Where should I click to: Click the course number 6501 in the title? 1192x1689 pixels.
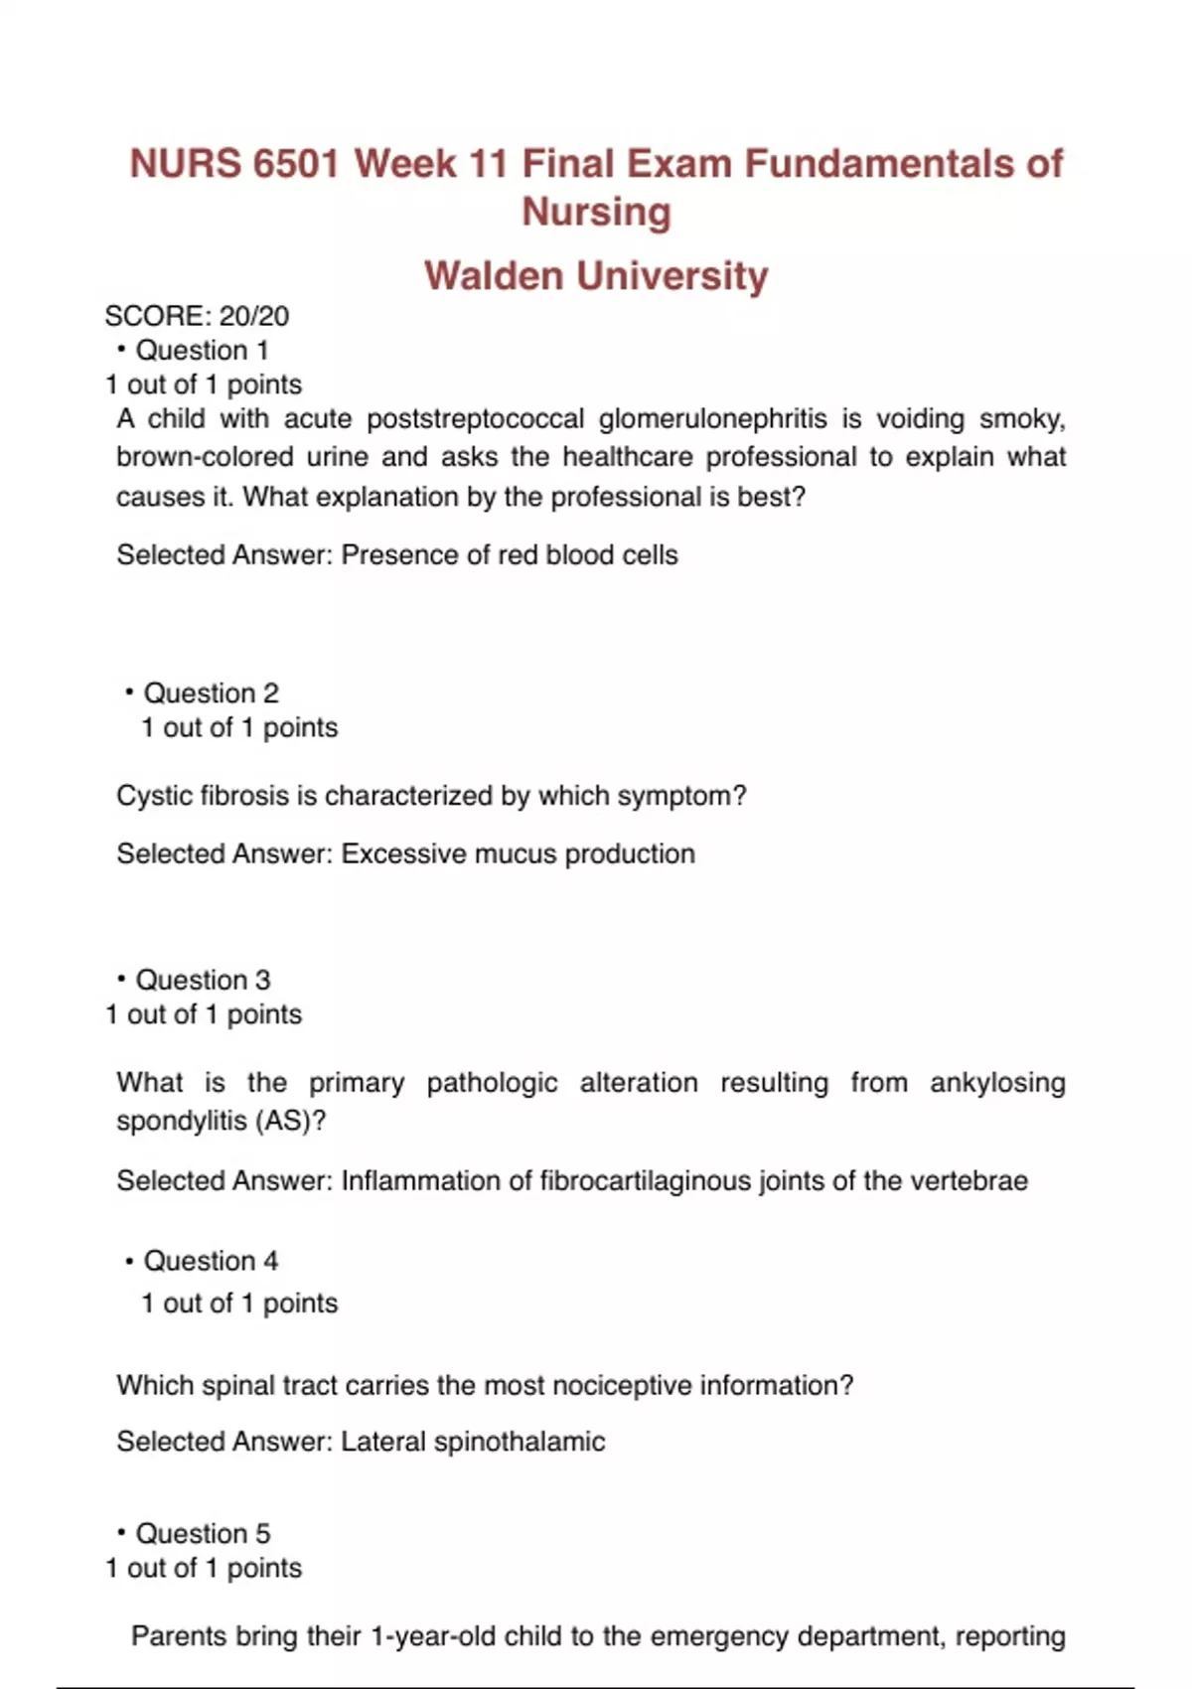tap(295, 164)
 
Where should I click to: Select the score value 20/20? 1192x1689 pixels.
tap(254, 316)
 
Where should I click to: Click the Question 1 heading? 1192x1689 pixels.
tap(202, 350)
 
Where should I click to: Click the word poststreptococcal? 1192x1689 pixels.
tap(475, 418)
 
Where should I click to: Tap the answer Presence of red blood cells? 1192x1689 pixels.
tap(509, 554)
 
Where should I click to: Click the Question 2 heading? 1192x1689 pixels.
tap(211, 692)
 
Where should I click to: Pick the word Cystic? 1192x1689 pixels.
tap(154, 796)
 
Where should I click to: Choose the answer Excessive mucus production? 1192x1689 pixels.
tap(518, 853)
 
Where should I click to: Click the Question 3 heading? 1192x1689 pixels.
tap(203, 980)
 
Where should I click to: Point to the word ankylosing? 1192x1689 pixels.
tap(997, 1082)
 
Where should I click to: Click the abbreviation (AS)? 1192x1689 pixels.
tap(290, 1121)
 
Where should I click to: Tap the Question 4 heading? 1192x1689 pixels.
tap(211, 1261)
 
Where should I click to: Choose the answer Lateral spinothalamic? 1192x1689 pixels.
tap(473, 1442)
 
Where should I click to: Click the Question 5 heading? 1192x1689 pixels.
tap(203, 1533)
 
